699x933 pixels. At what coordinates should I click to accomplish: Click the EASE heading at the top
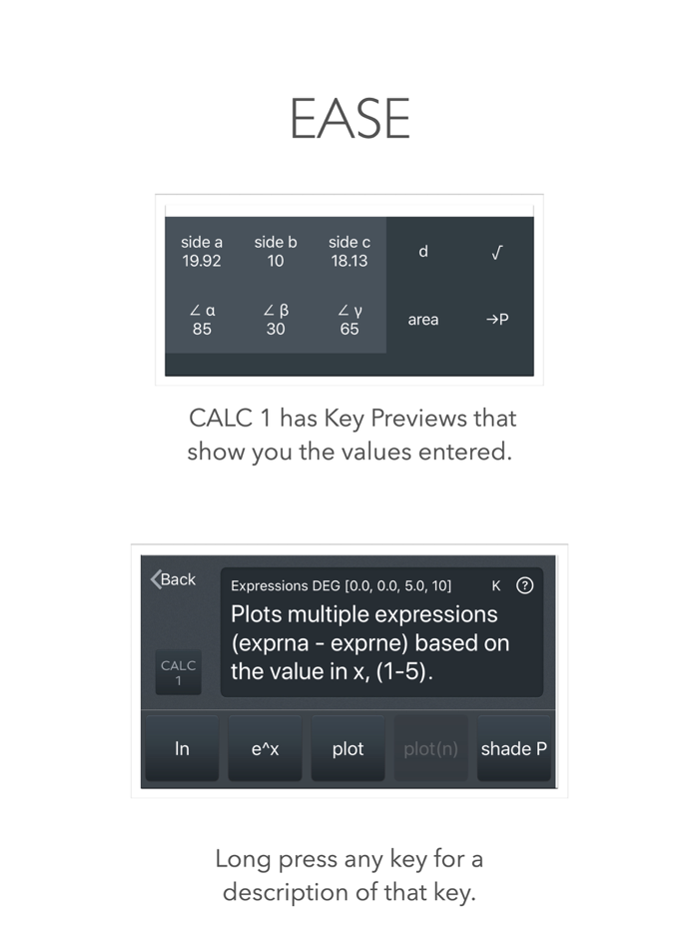[349, 120]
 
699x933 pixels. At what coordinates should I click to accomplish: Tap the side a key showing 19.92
[202, 252]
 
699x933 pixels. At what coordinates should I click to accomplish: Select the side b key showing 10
[276, 252]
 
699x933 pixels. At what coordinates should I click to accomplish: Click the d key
[423, 252]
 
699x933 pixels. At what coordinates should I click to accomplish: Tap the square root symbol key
[497, 253]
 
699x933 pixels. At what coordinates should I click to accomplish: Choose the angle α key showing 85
[202, 320]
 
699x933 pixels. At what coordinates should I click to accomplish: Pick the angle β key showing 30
[276, 320]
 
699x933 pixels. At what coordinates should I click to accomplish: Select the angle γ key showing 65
[349, 320]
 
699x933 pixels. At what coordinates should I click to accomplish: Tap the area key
[423, 320]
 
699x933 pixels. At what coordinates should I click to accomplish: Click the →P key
[497, 320]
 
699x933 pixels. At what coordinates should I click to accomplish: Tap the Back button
[174, 579]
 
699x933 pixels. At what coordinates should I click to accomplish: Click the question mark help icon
[524, 586]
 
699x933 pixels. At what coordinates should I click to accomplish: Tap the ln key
[182, 748]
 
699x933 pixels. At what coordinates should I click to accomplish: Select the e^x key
[265, 748]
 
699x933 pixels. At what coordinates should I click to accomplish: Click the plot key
[348, 748]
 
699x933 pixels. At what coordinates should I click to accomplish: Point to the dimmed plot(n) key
[430, 748]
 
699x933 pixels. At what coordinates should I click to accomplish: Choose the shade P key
[513, 748]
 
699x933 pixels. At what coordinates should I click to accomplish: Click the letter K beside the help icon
[496, 586]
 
